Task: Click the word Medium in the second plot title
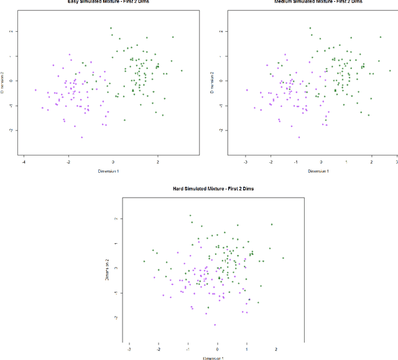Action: (285, 1)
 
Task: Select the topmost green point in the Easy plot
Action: (111, 28)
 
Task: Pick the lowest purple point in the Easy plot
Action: (81, 137)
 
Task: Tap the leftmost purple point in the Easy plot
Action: (35, 90)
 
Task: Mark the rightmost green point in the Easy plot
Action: (182, 70)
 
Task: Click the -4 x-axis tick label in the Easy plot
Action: (24, 162)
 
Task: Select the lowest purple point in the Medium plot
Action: (298, 137)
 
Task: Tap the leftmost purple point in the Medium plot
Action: (247, 90)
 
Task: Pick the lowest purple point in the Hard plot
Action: (215, 325)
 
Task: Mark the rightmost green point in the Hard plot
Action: (283, 257)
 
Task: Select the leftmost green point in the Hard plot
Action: (144, 261)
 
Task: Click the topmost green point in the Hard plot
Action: (190, 216)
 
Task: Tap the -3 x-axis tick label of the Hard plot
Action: (129, 349)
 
